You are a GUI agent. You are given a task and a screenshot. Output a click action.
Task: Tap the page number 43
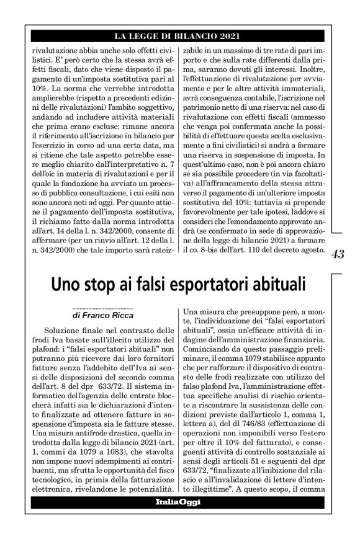pos(338,254)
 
